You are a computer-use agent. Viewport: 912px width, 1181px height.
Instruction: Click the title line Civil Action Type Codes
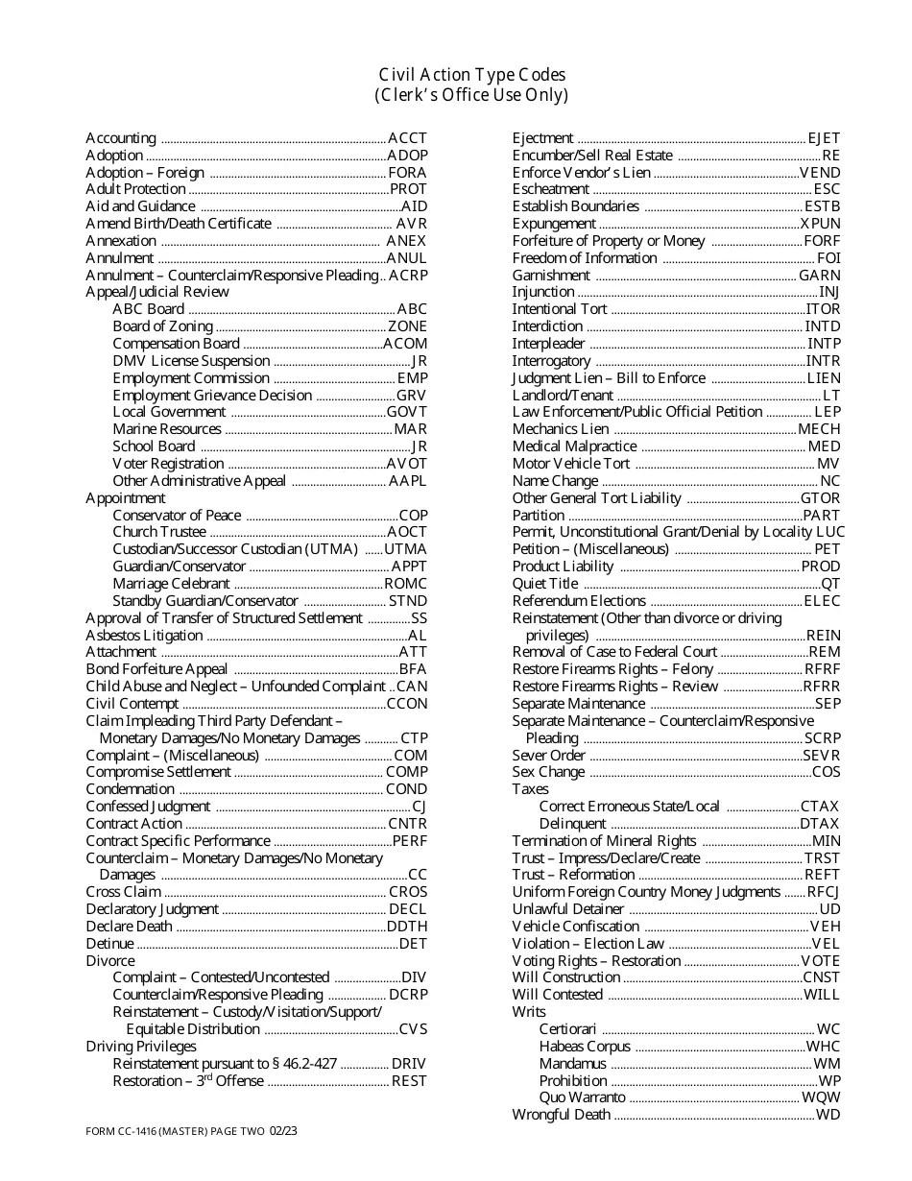pos(471,75)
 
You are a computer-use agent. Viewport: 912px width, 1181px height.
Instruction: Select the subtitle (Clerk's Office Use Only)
pos(471,95)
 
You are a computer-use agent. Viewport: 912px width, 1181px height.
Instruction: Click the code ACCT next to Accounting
pos(407,138)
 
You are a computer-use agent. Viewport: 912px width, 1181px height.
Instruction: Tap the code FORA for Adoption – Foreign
pos(407,173)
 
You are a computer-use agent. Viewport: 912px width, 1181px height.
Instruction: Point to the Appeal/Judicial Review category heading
pos(157,292)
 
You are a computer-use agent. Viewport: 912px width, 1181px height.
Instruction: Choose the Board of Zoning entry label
pos(162,326)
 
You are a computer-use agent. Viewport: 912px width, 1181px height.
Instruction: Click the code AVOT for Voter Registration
pos(407,464)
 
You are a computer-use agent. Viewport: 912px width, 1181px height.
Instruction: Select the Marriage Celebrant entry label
pos(171,584)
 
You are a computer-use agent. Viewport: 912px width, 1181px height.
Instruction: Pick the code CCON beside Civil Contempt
pos(407,704)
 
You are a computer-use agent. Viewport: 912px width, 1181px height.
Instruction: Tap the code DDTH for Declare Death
pos(407,927)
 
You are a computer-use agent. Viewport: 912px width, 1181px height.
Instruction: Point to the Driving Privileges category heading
pos(141,1047)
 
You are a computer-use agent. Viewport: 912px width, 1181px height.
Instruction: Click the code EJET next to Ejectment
pos(824,138)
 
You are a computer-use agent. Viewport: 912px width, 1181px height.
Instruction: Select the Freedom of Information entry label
pos(585,258)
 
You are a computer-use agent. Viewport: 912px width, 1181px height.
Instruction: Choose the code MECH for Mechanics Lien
pos(819,429)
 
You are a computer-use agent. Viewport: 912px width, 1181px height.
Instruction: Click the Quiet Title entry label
pos(545,584)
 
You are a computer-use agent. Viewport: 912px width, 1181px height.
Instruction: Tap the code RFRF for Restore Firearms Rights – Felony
pos(822,669)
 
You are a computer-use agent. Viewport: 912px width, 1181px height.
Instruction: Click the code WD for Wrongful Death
pos(828,1115)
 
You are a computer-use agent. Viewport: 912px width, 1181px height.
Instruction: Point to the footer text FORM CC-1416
pos(128,1131)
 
